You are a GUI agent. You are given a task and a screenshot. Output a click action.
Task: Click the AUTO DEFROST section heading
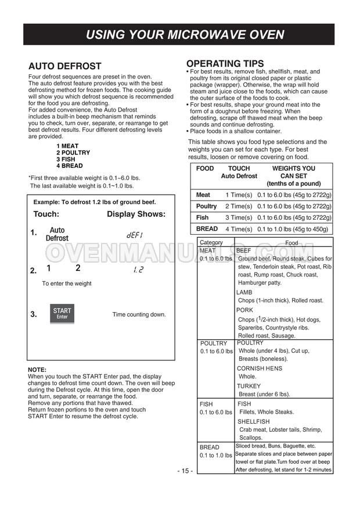point(64,66)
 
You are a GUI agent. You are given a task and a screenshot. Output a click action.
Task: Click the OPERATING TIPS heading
point(225,64)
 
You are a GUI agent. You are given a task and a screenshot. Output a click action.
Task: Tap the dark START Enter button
point(62,314)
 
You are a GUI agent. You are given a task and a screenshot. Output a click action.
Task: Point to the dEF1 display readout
point(135,235)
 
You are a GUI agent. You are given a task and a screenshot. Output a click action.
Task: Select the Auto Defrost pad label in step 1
point(57,234)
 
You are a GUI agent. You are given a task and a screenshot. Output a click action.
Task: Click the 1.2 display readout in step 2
point(138,270)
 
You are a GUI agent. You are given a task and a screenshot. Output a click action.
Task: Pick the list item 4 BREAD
point(70,166)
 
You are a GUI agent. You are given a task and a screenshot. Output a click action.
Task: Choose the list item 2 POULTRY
point(73,153)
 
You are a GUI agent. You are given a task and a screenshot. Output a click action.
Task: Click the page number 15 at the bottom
point(185,471)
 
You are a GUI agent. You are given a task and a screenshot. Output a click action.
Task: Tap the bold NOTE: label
point(37,370)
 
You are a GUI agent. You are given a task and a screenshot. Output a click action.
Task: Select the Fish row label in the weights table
point(202,217)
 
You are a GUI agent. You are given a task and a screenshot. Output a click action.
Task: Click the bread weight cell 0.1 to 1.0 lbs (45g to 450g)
point(293,229)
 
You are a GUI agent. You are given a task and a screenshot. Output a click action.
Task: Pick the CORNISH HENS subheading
point(259,368)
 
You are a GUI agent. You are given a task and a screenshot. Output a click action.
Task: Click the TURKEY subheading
point(249,386)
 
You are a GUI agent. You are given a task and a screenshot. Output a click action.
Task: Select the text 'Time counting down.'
point(139,314)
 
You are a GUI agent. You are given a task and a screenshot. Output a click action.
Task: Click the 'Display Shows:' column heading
point(136,214)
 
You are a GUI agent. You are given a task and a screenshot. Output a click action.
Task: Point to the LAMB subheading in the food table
point(244,292)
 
